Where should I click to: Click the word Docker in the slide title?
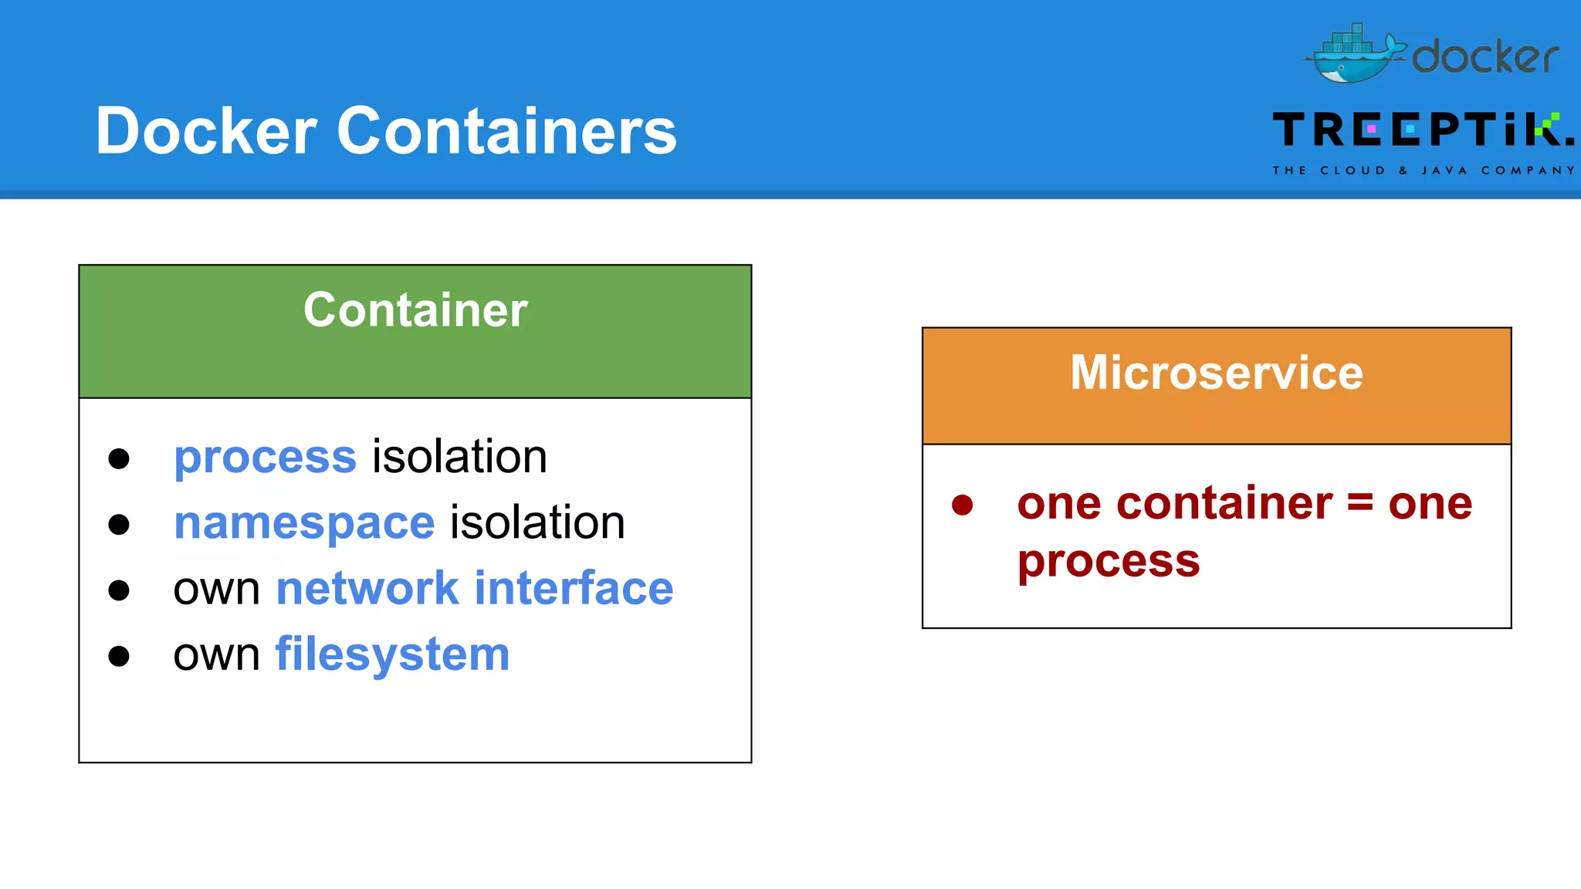206,131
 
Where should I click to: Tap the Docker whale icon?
1354,55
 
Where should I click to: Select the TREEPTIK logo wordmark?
1422,130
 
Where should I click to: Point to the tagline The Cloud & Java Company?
1423,171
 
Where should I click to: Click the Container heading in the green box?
415,310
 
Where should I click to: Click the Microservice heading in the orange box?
1217,373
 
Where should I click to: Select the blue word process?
265,457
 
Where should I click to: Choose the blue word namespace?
304,523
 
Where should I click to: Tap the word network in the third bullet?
367,589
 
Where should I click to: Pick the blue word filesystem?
392,654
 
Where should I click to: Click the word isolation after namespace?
537,523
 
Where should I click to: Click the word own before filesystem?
216,656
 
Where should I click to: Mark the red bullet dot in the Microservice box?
962,505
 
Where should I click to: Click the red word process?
1109,562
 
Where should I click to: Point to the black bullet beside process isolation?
119,458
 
